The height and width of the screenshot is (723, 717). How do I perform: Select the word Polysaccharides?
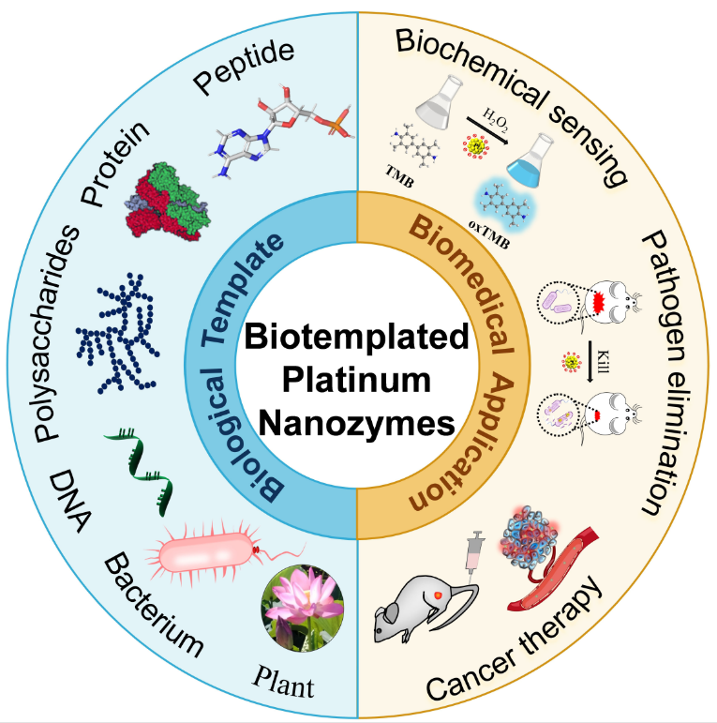[x=55, y=334]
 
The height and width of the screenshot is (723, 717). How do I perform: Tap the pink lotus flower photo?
[x=300, y=608]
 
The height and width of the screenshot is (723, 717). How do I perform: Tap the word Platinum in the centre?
[x=358, y=379]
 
